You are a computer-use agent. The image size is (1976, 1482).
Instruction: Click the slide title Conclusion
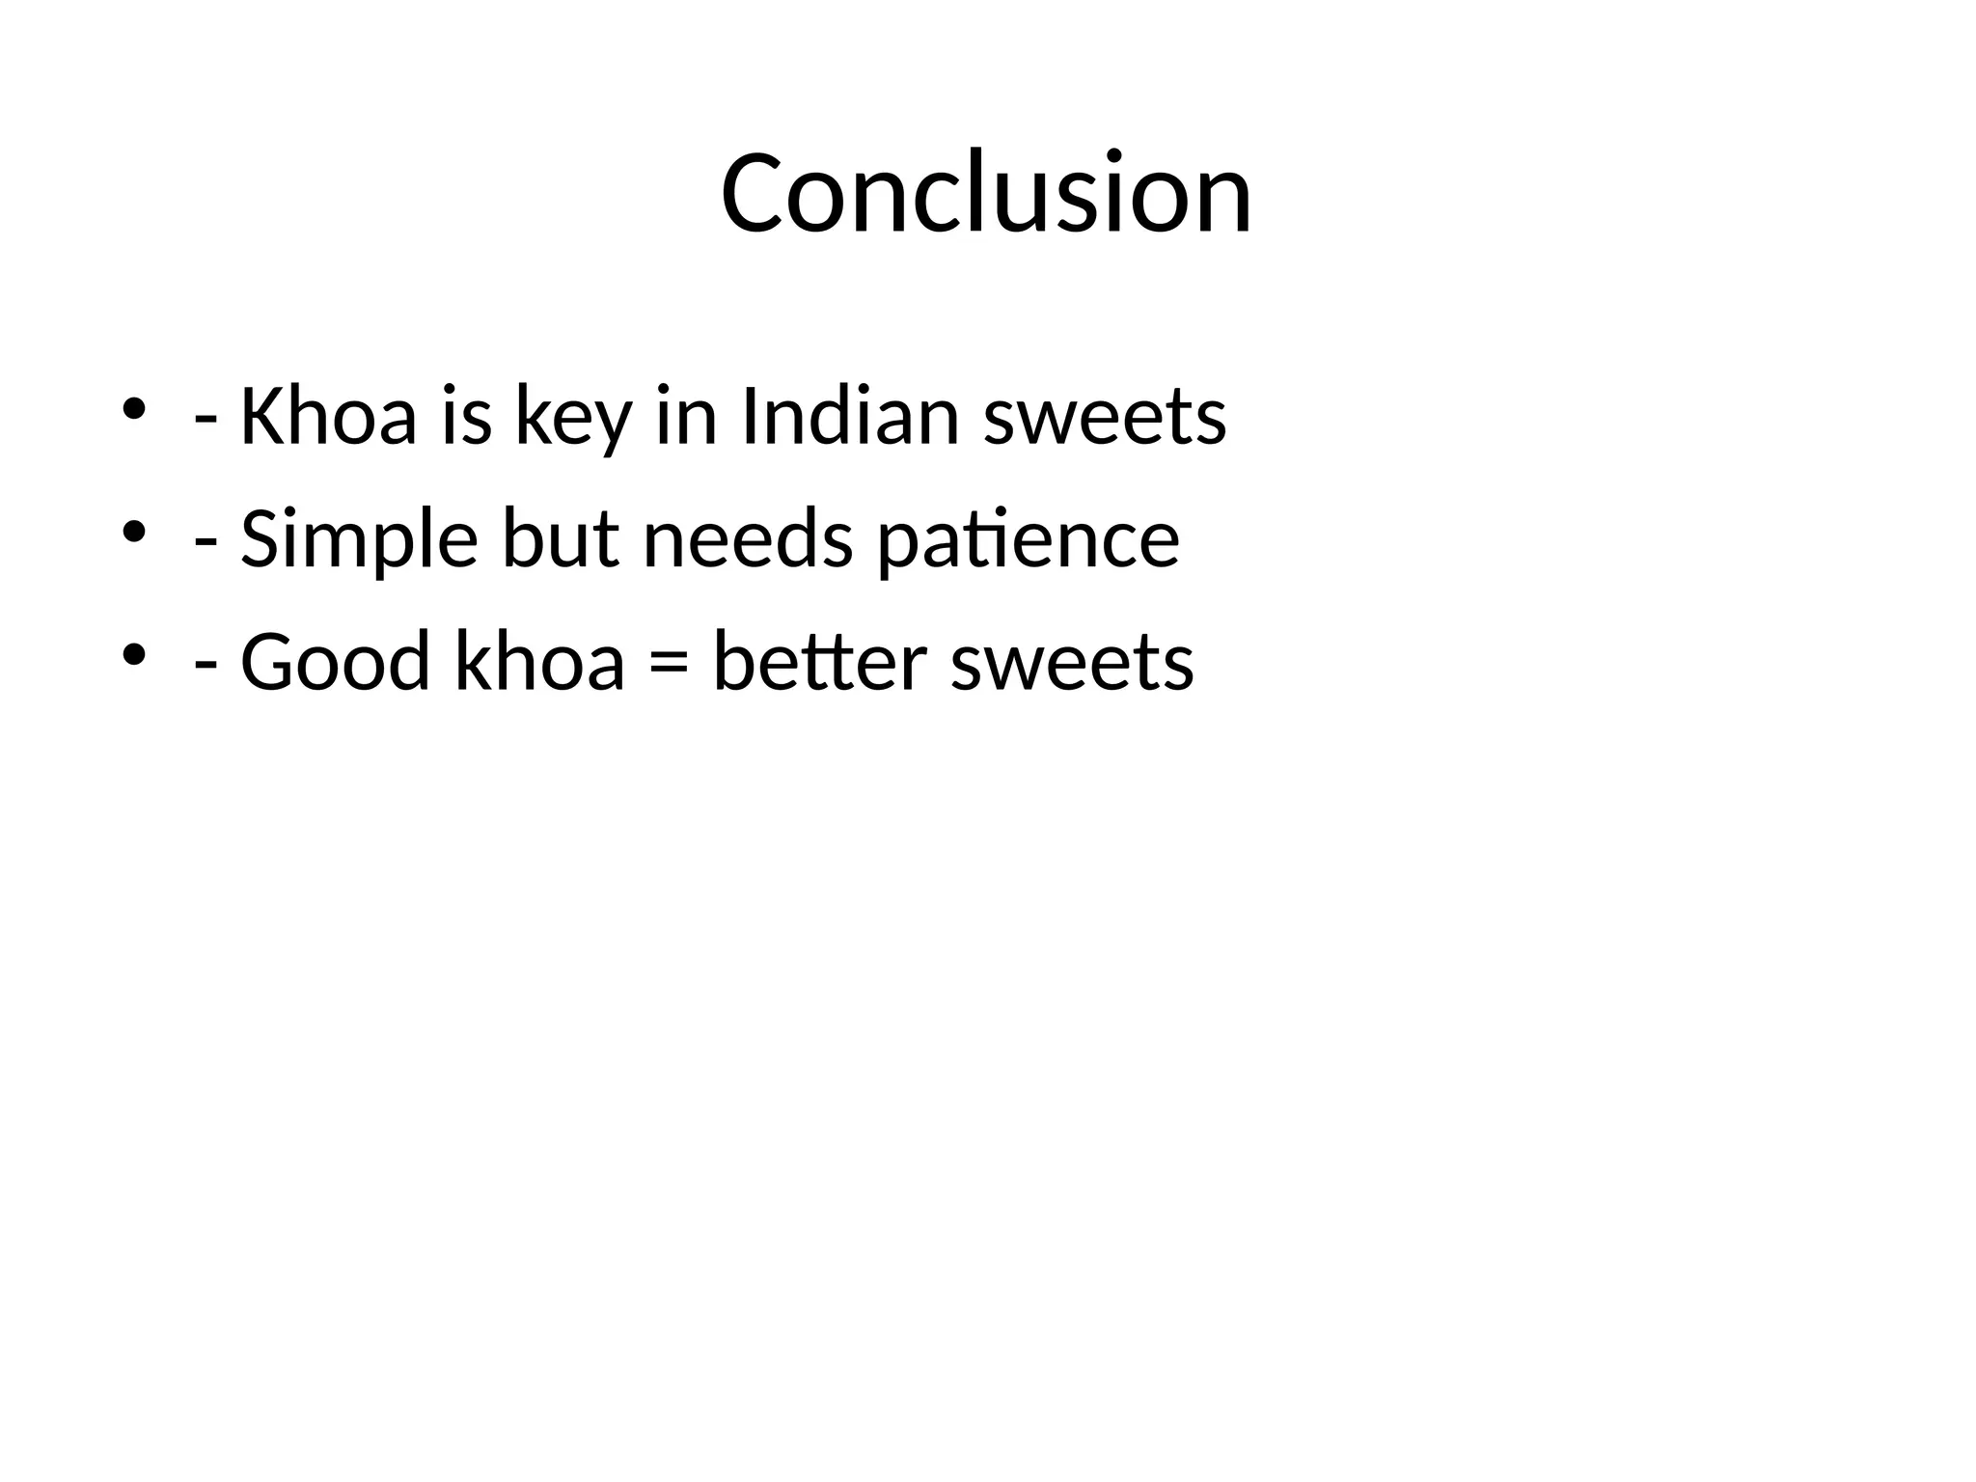986,193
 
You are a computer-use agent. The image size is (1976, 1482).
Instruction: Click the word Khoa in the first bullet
328,417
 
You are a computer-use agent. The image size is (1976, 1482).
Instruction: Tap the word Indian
850,417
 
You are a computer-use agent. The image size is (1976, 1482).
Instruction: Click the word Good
334,662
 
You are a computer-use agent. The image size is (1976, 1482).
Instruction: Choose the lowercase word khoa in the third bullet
538,662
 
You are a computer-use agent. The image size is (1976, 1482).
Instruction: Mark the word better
819,662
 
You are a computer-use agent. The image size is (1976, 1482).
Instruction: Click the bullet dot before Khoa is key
133,409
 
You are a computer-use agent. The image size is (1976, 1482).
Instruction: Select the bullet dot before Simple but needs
133,532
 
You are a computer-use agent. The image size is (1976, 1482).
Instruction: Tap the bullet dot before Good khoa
133,654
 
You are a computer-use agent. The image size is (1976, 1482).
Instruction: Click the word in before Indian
686,417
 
